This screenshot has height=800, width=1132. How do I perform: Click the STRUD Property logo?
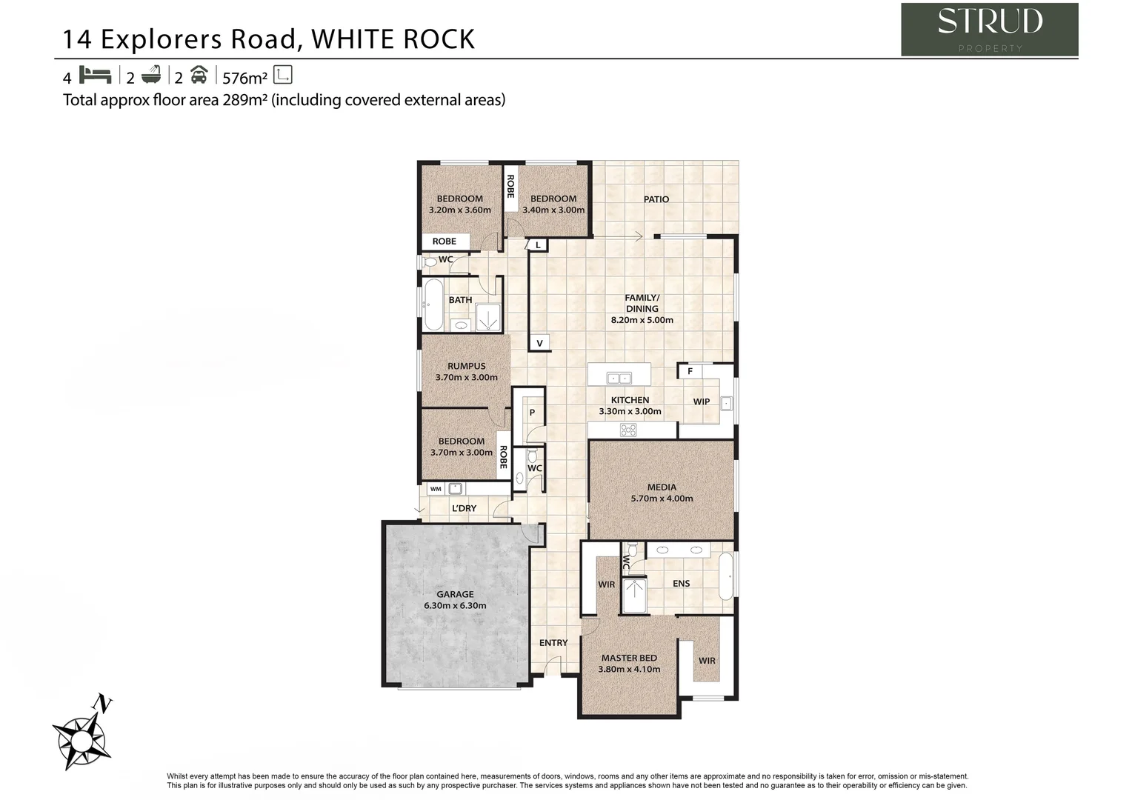pos(989,30)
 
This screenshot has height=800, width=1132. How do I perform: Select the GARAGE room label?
pos(455,594)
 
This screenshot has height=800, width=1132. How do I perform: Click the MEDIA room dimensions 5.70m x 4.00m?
pos(662,499)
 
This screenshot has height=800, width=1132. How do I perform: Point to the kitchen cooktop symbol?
pos(628,430)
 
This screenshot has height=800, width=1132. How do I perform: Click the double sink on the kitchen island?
pos(619,379)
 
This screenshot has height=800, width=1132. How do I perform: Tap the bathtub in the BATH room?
pos(433,305)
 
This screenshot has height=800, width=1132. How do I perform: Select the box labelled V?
pos(539,343)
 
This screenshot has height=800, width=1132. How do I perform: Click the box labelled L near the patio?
pos(538,245)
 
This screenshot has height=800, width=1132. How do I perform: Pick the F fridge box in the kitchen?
pos(690,371)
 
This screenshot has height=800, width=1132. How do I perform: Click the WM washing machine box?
pos(436,489)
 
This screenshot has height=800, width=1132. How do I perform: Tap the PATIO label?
pos(656,199)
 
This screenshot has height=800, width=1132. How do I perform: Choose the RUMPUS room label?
pos(467,366)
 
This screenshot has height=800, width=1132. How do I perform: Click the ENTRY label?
pos(553,643)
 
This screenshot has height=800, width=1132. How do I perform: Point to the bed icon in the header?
pos(95,76)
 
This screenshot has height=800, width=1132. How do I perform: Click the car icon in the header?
pos(199,76)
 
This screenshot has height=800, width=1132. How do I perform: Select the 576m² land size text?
pos(244,77)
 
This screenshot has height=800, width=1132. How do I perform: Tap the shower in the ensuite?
pos(635,596)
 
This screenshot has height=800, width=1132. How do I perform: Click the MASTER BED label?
pos(629,658)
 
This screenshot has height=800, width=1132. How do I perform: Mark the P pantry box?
pos(532,413)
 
